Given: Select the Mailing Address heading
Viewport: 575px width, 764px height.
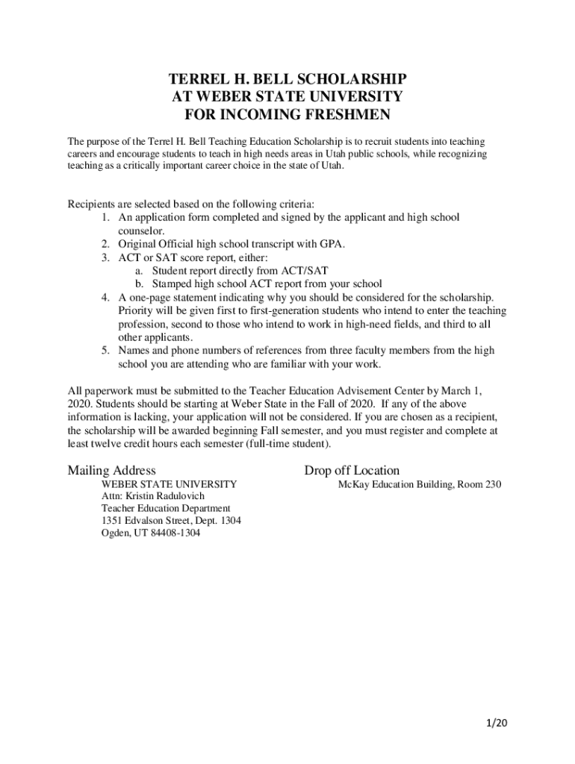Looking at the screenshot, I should coord(112,470).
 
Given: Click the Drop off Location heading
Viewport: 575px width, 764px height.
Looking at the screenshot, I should coord(352,470).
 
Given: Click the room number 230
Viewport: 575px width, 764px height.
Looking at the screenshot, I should coord(493,484).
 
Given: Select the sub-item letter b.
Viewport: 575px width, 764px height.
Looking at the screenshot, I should coord(139,284).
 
